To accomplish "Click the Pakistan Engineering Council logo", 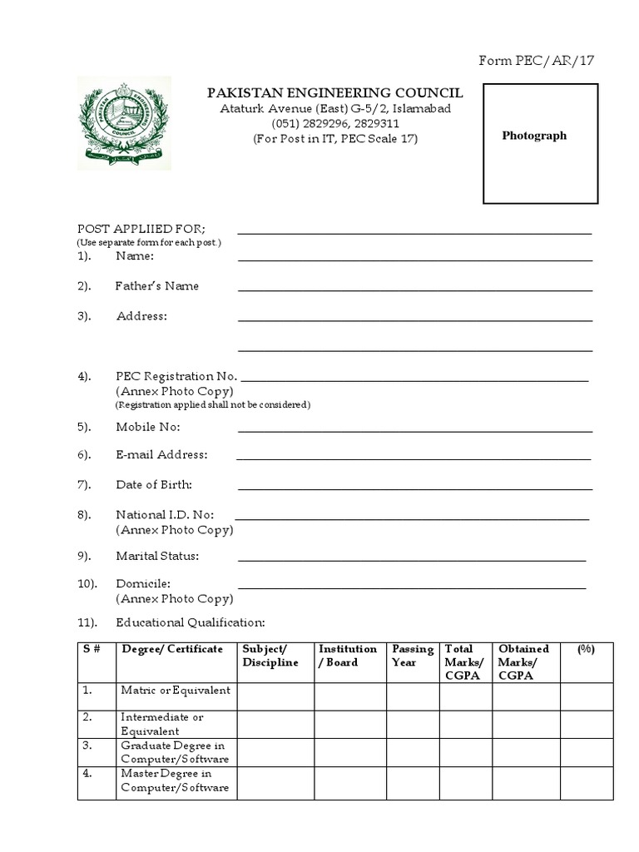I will coord(124,122).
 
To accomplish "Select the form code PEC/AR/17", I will coord(537,61).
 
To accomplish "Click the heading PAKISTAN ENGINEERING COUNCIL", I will coord(335,93).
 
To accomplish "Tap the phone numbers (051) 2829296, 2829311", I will coord(335,124).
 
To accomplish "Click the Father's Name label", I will coord(156,286).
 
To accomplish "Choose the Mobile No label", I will coord(147,427).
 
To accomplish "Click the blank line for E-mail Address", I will coord(414,458).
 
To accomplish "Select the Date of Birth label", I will coord(154,484).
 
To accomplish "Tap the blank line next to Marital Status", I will coord(412,560).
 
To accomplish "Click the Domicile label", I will coord(143,584).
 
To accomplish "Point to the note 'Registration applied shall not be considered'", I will coord(212,404).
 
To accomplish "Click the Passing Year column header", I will coord(413,656).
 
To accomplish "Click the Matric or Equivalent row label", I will coord(176,691).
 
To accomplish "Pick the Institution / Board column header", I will coord(348,656).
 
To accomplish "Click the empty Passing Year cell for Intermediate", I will coord(413,723).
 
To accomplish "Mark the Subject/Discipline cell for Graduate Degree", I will coord(275,752).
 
